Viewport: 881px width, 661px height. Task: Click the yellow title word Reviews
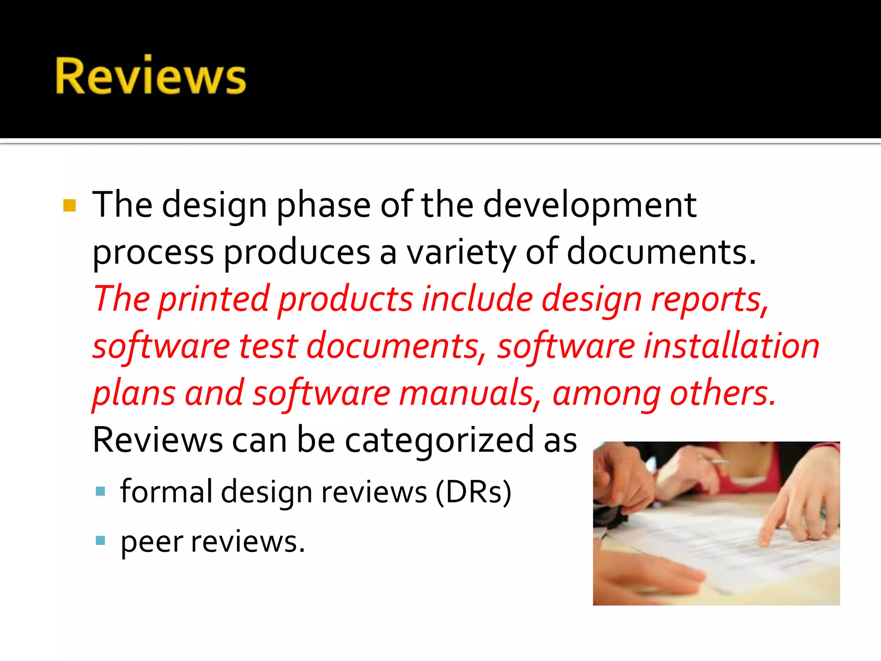(151, 76)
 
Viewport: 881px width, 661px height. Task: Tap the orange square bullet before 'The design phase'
(69, 206)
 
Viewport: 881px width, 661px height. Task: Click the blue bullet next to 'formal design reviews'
(100, 491)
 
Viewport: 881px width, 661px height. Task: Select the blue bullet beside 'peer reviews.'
(100, 540)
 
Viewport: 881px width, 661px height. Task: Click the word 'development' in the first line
(589, 206)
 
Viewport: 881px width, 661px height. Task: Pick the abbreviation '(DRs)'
(473, 492)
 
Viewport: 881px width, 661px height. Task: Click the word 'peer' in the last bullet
(152, 542)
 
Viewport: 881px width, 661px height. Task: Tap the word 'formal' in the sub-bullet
(166, 492)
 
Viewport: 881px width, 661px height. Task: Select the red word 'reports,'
(710, 300)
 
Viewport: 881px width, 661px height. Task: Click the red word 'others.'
(723, 393)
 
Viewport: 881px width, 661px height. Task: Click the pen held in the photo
(714, 460)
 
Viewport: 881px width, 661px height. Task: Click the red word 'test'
(268, 346)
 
